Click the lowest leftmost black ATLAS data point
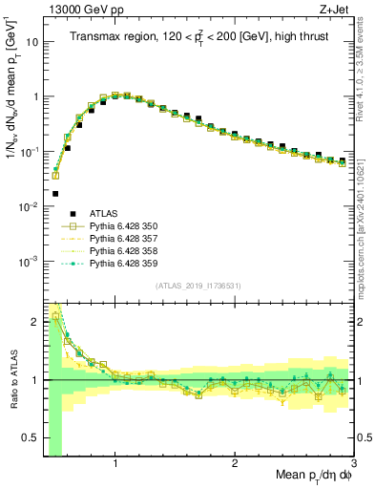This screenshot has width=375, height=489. pos(55,193)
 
